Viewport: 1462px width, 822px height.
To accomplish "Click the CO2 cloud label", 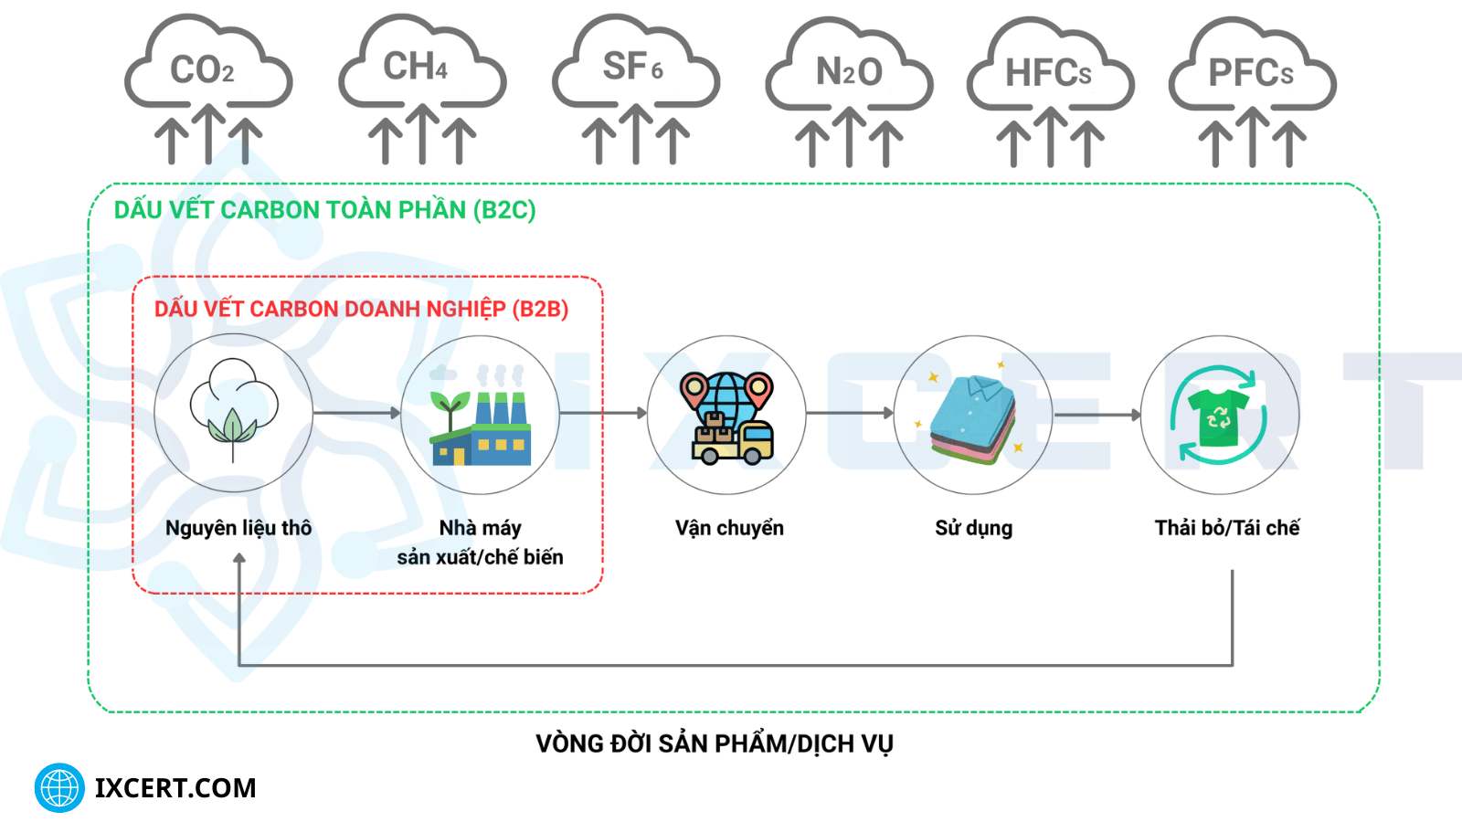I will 203,70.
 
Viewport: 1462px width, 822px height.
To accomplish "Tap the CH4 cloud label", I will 416,67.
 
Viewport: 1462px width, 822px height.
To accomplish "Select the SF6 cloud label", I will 632,67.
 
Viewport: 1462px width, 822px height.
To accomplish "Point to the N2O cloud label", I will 849,71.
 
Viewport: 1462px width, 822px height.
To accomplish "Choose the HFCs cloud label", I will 1048,73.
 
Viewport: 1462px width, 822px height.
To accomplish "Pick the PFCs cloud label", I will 1251,73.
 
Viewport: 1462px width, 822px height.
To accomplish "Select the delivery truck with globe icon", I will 727,417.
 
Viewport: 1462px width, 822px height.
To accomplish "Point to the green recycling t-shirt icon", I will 1219,416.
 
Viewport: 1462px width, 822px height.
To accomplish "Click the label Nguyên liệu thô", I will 238,528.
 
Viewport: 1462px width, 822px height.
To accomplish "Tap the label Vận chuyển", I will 729,528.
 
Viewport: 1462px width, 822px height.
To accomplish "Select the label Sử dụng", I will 973,528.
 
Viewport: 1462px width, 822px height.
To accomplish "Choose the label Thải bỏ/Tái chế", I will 1226,528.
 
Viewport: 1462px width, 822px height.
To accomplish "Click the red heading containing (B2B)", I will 361,309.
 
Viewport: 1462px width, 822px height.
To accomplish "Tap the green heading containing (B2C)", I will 324,210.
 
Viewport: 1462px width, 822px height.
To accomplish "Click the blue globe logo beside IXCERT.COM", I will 59,787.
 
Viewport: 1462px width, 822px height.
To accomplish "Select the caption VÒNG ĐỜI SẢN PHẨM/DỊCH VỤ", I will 715,743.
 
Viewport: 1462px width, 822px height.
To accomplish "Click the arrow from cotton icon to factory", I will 356,413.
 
